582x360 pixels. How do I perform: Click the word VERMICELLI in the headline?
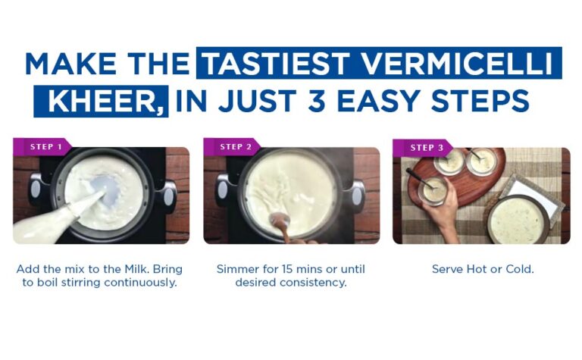pos(457,64)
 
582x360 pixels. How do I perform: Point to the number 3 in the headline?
pos(317,101)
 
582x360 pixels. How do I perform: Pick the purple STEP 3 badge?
pos(423,147)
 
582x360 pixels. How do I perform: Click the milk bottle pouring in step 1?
pos(52,219)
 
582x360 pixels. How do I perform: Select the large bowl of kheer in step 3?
pos(518,220)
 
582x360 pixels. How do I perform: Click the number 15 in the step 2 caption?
pos(287,269)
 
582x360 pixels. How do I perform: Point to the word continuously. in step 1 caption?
pos(140,283)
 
